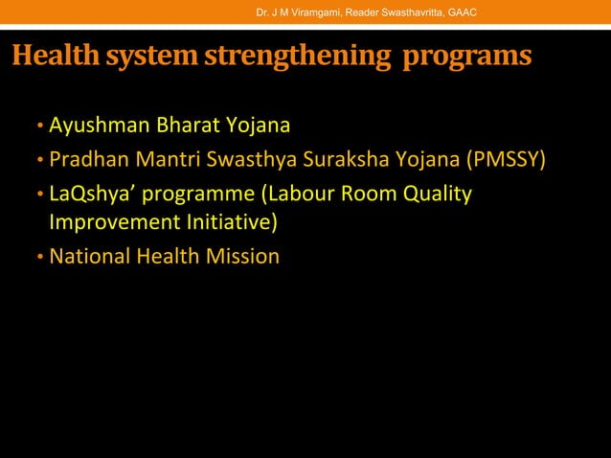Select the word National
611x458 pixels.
(x=89, y=256)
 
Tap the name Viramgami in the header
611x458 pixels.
(x=308, y=11)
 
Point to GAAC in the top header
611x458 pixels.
(x=462, y=11)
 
